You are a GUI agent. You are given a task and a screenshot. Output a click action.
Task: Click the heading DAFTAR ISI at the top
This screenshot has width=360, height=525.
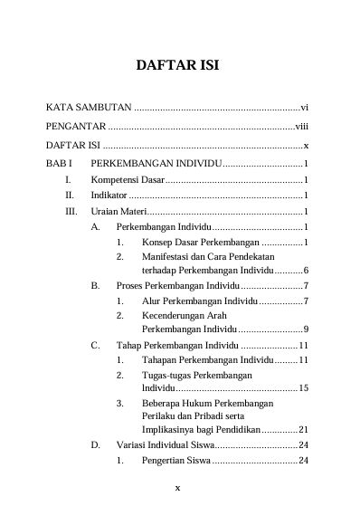pos(178,66)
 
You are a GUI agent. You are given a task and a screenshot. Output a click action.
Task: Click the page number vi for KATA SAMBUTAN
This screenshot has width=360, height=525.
pos(306,106)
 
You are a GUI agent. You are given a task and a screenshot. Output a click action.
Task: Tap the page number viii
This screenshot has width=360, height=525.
pos(302,126)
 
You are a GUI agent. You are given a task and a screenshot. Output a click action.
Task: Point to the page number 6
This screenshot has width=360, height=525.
pos(308,271)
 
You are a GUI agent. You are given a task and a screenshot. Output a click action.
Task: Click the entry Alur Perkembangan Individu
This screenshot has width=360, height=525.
pos(199,301)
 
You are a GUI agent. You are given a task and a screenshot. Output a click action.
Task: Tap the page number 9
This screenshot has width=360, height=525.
pos(308,329)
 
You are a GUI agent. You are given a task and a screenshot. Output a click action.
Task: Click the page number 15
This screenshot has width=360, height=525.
pos(305,387)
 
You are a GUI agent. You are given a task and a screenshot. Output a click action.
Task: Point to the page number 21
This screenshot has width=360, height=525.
pos(305,429)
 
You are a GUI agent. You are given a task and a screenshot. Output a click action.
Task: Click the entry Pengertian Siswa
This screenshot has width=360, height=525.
pos(176,461)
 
